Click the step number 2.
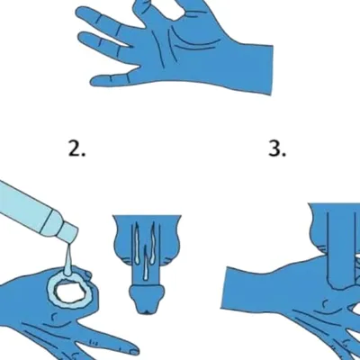76,149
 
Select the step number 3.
277,149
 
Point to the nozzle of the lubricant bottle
68,234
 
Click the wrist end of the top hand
272,70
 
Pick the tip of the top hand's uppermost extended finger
78,13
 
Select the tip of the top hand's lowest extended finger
94,81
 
